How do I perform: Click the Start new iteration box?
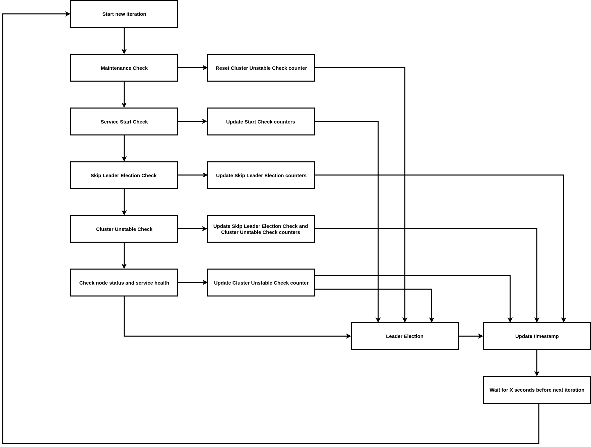[x=124, y=14]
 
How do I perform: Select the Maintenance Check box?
[x=124, y=68]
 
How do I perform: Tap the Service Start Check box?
[x=124, y=121]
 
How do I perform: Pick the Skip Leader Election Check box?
[x=124, y=175]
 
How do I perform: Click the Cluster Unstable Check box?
[x=124, y=229]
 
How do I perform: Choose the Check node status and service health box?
[x=124, y=283]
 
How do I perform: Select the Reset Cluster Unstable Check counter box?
[x=261, y=68]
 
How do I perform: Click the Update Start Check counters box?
[x=261, y=121]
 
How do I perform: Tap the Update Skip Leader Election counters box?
[x=261, y=175]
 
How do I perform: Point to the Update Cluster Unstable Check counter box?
[x=261, y=283]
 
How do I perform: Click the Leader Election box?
[x=405, y=336]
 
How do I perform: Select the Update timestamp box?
[x=537, y=336]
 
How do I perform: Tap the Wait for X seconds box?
[x=537, y=390]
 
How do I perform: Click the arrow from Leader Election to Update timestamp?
[x=471, y=336]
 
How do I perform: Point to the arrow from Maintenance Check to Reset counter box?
[x=193, y=67]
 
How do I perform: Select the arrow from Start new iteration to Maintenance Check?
[x=124, y=41]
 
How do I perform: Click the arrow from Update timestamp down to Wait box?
[x=537, y=363]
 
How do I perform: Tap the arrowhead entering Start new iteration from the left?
[x=68, y=14]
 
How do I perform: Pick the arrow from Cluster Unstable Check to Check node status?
[x=124, y=256]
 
